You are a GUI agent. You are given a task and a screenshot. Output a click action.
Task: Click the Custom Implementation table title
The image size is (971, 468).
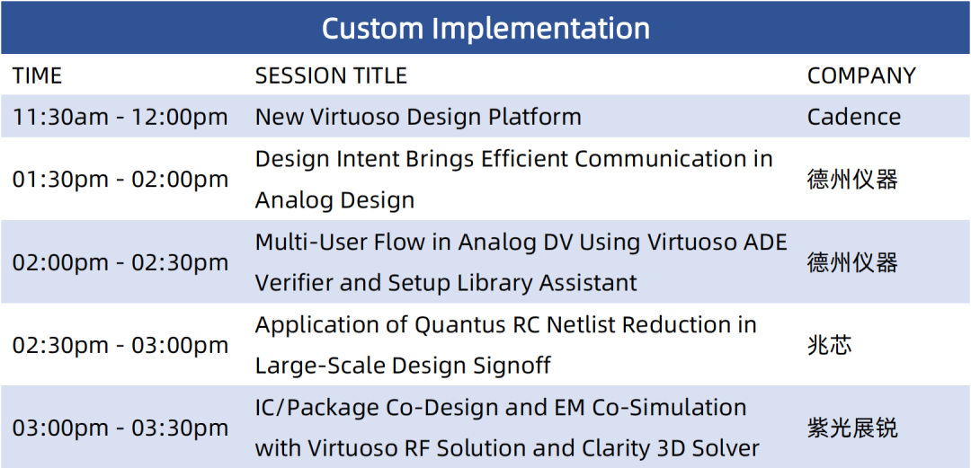point(486,29)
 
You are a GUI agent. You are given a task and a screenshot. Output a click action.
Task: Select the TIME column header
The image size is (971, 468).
point(38,75)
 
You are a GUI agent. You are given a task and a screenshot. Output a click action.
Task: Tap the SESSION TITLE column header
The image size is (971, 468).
point(331,75)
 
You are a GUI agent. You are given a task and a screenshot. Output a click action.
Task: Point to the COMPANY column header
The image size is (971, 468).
point(861,75)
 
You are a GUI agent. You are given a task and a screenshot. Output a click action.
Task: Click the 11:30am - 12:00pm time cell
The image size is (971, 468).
point(120,117)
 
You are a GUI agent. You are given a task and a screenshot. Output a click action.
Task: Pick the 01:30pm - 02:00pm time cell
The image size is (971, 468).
point(120,180)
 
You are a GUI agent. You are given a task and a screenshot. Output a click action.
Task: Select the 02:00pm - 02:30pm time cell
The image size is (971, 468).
point(120,262)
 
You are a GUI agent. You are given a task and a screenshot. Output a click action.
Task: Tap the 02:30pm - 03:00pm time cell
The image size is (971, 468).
point(120,346)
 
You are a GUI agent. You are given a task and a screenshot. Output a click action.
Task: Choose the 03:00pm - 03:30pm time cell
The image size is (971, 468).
point(120,428)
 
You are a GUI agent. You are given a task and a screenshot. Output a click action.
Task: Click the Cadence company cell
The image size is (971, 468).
point(854,117)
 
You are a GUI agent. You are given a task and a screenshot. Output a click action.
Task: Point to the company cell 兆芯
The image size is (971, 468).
point(830,346)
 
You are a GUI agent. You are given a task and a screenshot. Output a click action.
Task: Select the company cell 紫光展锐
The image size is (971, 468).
point(852,428)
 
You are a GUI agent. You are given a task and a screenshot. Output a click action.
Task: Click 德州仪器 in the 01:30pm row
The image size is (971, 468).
point(852,180)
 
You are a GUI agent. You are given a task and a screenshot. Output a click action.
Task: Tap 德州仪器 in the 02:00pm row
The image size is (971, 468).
point(852,262)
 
